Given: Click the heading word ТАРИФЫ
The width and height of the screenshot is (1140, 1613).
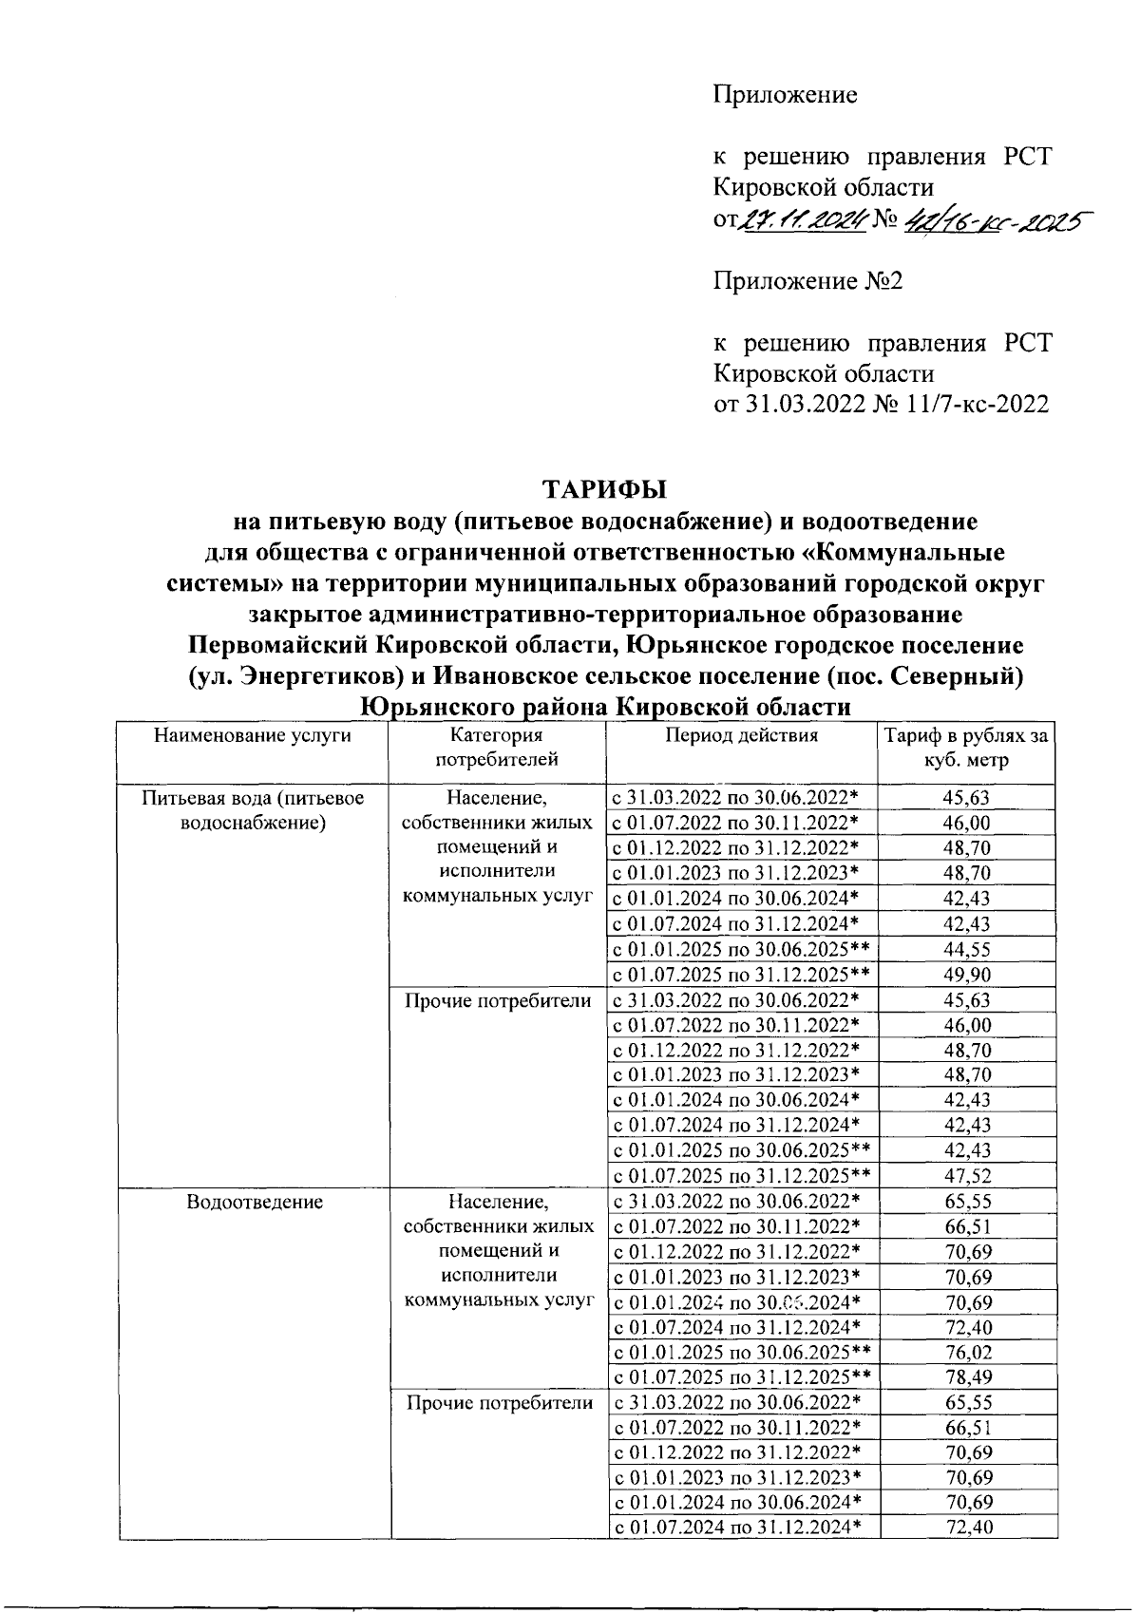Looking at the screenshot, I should coord(604,489).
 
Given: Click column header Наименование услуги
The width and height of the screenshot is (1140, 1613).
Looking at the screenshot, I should coord(253,735).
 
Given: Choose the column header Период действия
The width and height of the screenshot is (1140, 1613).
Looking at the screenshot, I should coord(741,735).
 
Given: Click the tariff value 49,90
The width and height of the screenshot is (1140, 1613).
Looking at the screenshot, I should coord(967,975).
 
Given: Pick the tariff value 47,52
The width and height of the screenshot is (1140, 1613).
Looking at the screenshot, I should coord(967,1176).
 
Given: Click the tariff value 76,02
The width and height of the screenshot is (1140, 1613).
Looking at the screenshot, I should coord(967,1353).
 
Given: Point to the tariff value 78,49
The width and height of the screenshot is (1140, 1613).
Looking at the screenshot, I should coord(967,1377).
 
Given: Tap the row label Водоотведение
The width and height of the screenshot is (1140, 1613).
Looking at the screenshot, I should coord(255,1202).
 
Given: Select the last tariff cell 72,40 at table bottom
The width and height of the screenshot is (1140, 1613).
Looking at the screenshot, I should coord(967,1528).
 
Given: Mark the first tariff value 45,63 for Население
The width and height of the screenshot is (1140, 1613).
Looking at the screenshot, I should coord(967,799).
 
